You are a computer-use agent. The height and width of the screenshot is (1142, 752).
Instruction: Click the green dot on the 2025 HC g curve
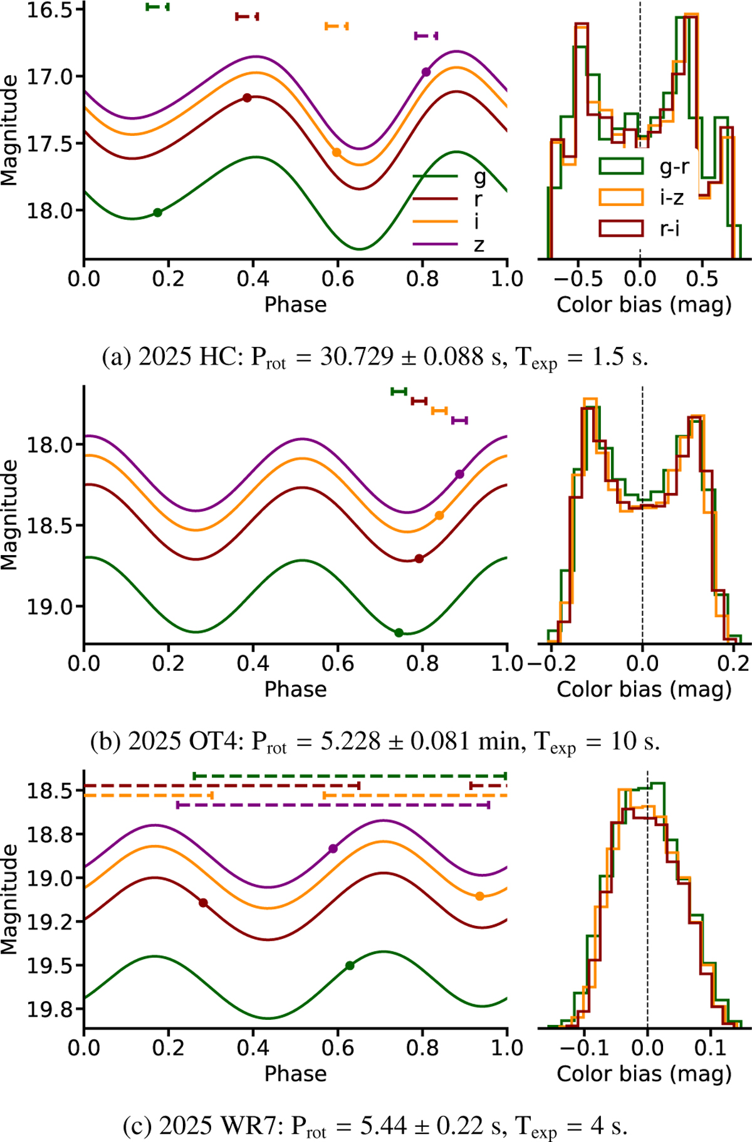point(158,212)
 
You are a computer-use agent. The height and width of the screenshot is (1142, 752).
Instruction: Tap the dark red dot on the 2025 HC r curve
point(247,98)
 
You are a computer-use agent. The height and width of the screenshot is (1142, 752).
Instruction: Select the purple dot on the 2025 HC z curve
point(426,72)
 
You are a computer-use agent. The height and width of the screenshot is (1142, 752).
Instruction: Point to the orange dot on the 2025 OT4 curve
point(439,516)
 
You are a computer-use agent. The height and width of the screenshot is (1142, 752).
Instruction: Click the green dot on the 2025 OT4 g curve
point(399,633)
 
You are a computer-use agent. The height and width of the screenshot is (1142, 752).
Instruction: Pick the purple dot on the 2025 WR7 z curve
point(333,849)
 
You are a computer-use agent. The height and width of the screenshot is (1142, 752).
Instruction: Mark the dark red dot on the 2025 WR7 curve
point(203,903)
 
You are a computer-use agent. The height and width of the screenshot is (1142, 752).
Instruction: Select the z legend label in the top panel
point(479,244)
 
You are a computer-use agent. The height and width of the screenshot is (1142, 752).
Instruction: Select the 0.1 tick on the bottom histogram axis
point(711,1047)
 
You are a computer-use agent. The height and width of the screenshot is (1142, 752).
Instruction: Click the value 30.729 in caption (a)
point(357,356)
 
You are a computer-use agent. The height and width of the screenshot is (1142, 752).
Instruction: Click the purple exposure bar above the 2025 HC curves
point(426,36)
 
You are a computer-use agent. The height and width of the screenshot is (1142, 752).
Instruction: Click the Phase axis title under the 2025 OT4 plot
point(295,689)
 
